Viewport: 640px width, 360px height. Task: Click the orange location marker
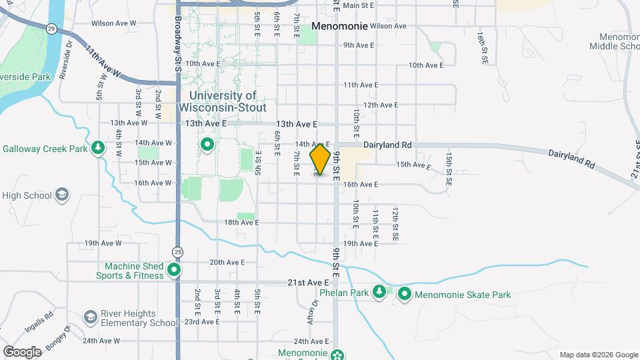tap(321, 159)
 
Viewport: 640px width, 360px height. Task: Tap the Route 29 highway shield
tap(51, 29)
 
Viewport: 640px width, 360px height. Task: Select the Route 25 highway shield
tap(177, 251)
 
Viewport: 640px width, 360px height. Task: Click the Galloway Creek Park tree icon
tap(98, 147)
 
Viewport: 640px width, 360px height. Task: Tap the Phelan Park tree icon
tap(379, 291)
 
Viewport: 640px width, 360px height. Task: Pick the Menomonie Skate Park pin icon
tap(404, 293)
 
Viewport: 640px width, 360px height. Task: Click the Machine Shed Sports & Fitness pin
tap(174, 270)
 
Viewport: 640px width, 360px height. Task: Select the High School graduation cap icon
tap(62, 195)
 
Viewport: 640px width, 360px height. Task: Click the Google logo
tap(22, 351)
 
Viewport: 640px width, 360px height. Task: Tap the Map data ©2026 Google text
tap(598, 355)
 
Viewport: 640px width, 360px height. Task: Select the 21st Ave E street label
tap(309, 283)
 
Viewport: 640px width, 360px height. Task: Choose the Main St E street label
tap(359, 5)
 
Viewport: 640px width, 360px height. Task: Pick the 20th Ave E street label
tap(227, 262)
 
